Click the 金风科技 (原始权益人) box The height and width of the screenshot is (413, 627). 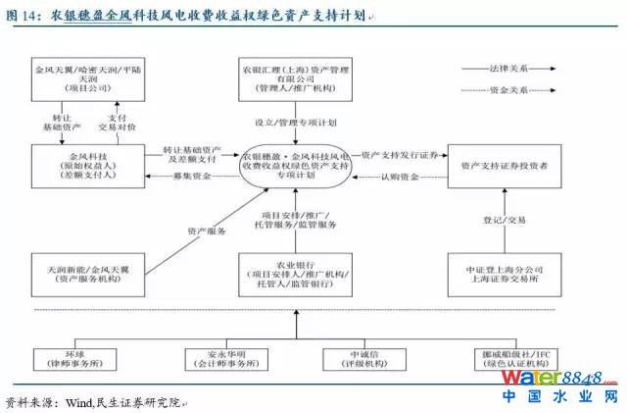pyautogui.click(x=87, y=163)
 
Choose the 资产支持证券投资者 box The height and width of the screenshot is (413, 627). pyautogui.click(x=505, y=164)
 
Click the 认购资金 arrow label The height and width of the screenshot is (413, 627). pyautogui.click(x=402, y=177)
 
